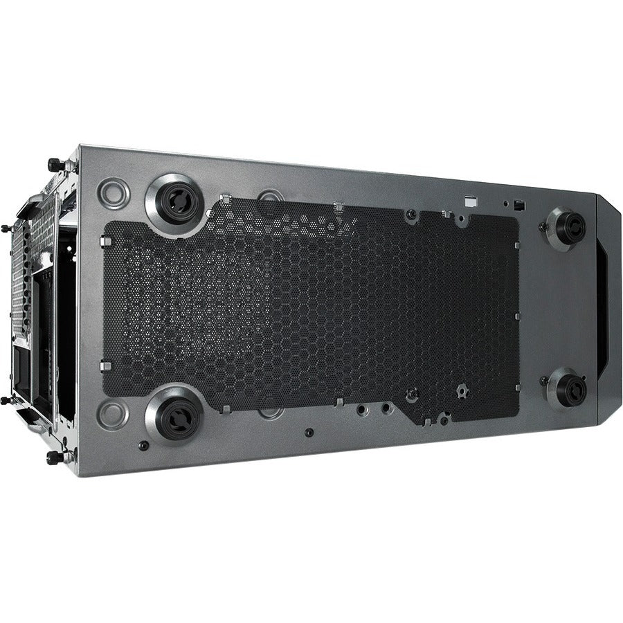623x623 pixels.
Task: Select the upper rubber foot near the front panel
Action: tap(568, 227)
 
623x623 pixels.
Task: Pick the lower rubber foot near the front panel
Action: tap(567, 389)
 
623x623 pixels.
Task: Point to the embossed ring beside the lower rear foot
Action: tap(111, 414)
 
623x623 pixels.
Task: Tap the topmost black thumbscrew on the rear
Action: tap(54, 165)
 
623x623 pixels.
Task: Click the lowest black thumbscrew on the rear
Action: tap(54, 458)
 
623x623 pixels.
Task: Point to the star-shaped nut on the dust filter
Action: tap(460, 391)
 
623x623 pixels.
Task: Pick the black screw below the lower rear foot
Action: tap(143, 445)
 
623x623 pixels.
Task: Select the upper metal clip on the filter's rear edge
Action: tap(105, 241)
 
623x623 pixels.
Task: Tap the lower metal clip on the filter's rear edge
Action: tap(104, 365)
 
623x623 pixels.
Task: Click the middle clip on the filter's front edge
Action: tap(516, 316)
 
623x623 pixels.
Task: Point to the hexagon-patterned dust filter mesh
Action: tap(311, 305)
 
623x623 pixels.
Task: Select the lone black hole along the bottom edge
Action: tap(309, 433)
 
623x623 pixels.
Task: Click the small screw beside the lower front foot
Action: tap(543, 381)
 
